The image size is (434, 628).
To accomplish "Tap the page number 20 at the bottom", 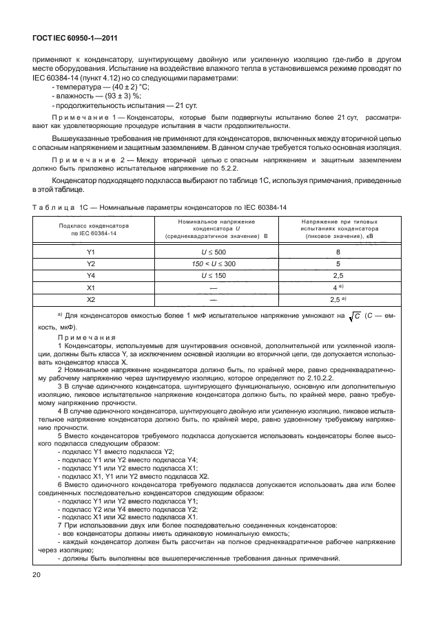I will pyautogui.click(x=35, y=574).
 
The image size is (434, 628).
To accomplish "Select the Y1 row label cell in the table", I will pyautogui.click(x=90, y=252).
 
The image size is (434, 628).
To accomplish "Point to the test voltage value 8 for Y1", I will pyautogui.click(x=338, y=252).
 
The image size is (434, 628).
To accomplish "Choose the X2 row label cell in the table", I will pyautogui.click(x=90, y=299).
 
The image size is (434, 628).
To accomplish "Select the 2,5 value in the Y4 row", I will pyautogui.click(x=338, y=275).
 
